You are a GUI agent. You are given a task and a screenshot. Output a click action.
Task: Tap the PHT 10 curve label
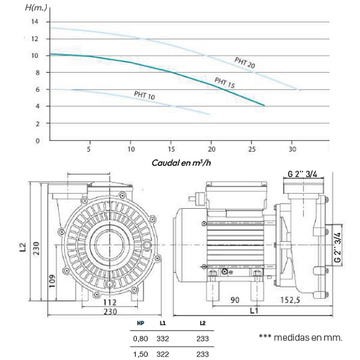pyautogui.click(x=144, y=95)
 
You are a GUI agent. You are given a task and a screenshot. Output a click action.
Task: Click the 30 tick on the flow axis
pyautogui.click(x=292, y=148)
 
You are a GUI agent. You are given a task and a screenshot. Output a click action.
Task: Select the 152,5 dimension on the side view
pyautogui.click(x=290, y=299)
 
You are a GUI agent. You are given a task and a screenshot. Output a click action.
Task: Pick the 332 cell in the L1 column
pyautogui.click(x=163, y=338)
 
